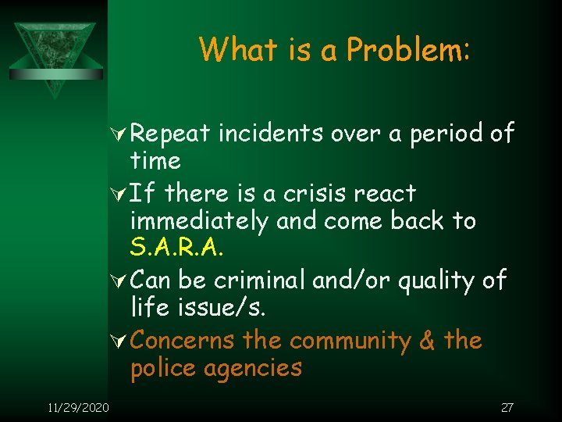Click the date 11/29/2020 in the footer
coord(76,407)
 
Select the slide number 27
coord(507,407)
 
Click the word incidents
coord(270,134)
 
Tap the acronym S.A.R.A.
coord(176,249)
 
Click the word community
coord(348,341)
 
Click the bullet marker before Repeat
coord(120,134)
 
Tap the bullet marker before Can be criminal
coord(120,279)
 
